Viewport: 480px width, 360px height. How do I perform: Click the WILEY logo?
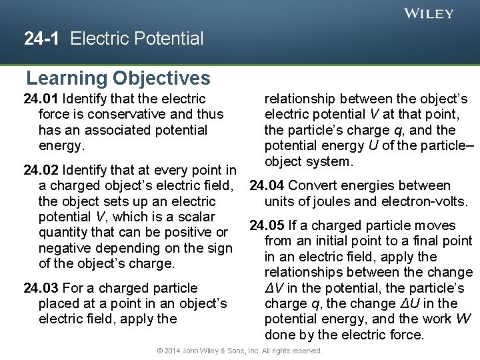click(x=429, y=13)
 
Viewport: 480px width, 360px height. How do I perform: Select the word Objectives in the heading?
click(x=161, y=79)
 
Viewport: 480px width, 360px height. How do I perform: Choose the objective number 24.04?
click(x=267, y=186)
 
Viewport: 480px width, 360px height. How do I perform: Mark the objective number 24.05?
click(x=267, y=226)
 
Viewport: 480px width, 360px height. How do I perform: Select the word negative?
click(x=65, y=248)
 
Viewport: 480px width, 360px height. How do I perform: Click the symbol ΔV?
click(x=273, y=288)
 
